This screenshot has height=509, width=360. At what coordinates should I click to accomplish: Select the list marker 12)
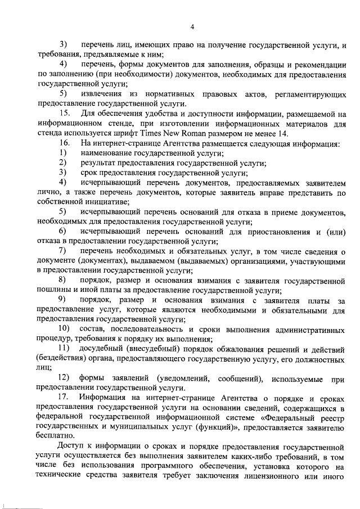tap(64, 379)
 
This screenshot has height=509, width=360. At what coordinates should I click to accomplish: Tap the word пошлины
tap(52, 289)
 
